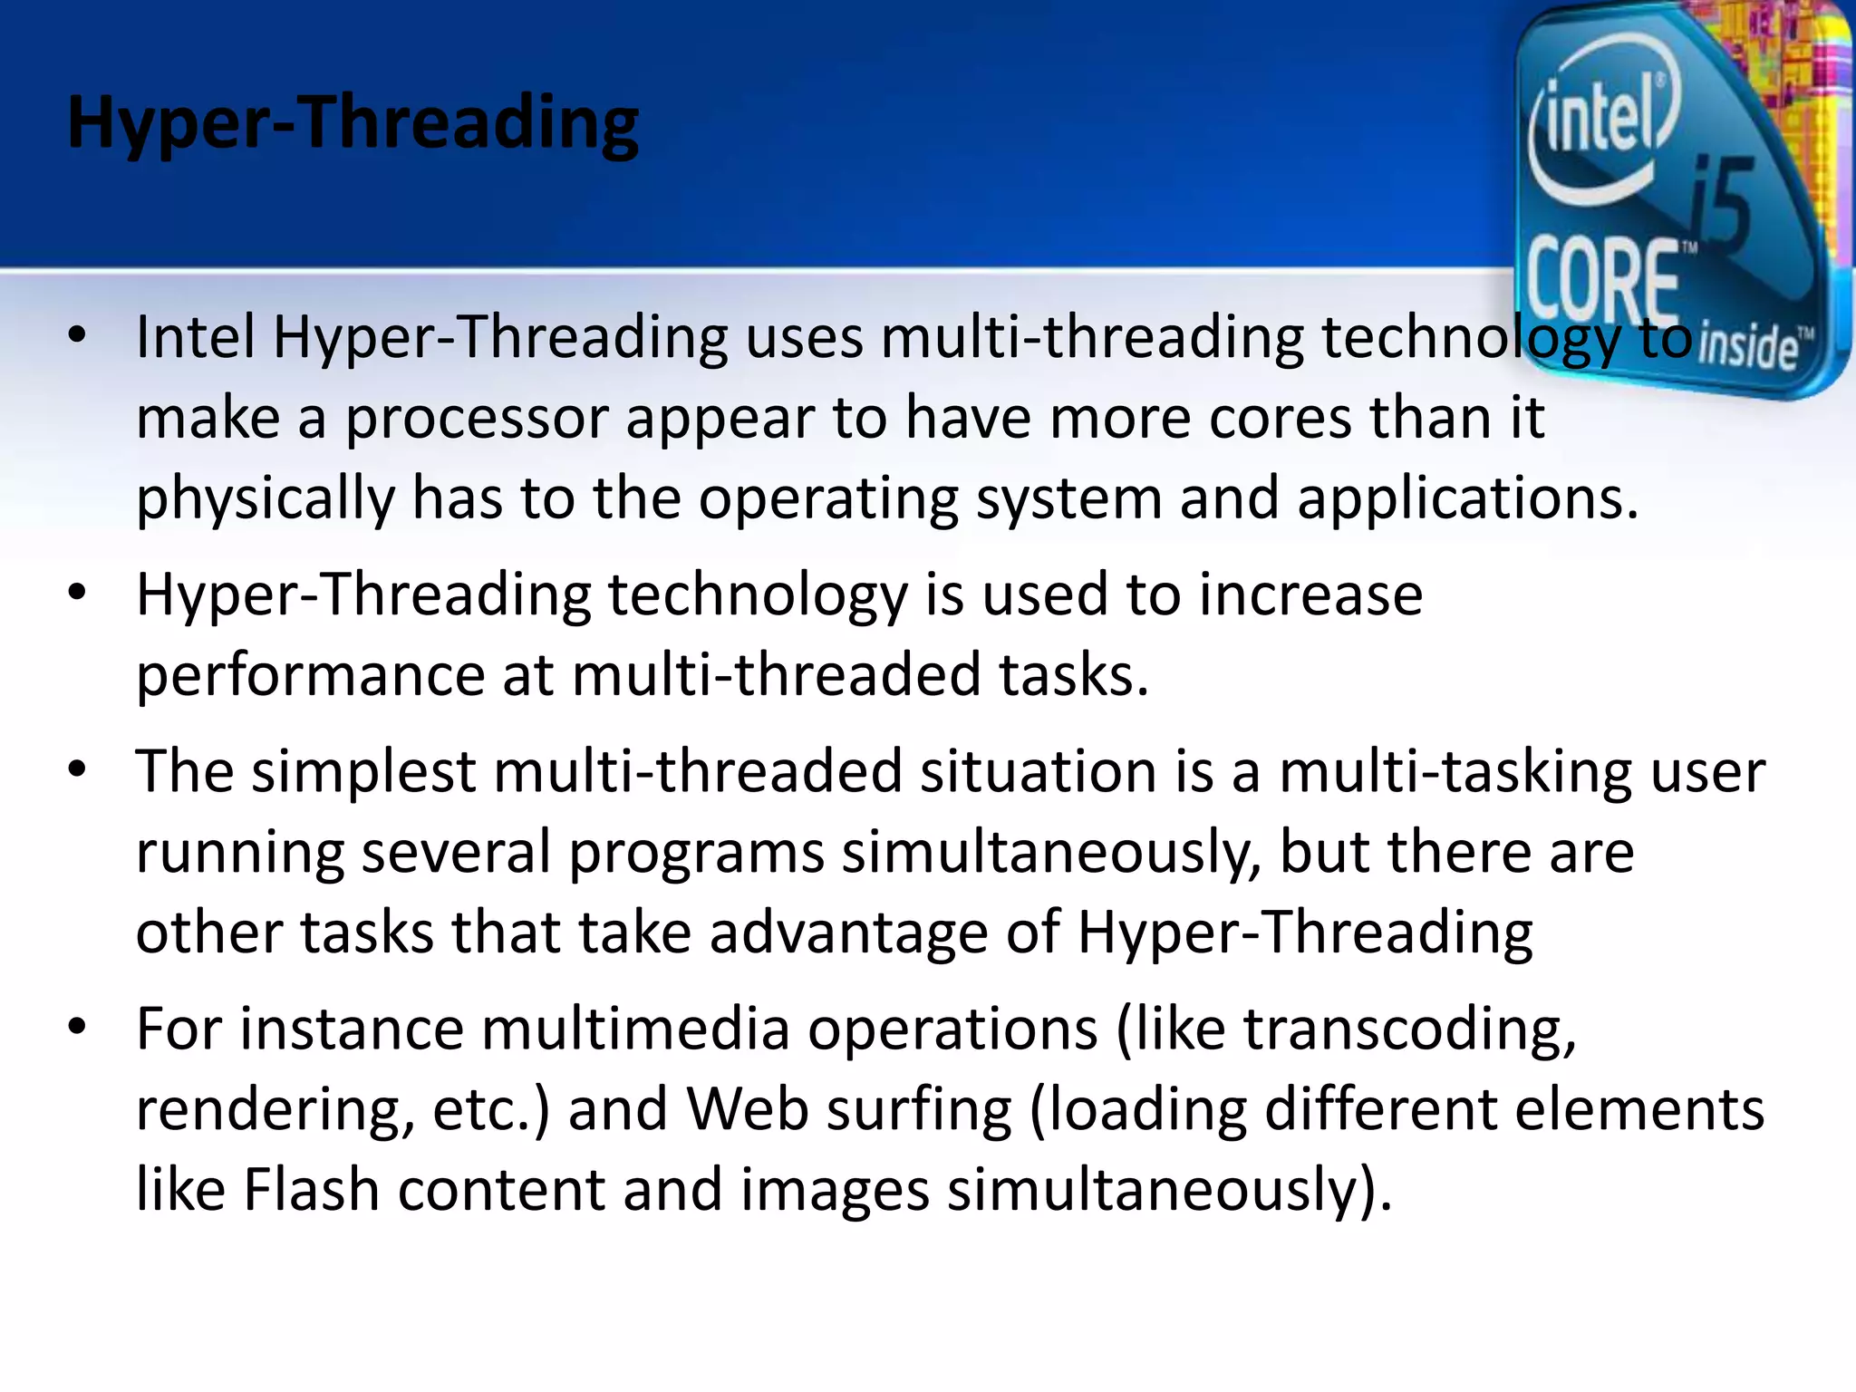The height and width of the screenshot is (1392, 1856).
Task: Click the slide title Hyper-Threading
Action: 353,124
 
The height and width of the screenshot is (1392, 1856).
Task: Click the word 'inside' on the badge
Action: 1748,348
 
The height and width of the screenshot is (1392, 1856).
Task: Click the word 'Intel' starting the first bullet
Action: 196,336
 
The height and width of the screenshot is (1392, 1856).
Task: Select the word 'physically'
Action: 266,498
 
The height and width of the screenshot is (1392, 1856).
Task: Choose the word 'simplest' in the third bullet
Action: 363,771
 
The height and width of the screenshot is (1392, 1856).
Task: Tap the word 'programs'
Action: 696,853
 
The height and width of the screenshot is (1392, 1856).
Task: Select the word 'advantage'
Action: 848,933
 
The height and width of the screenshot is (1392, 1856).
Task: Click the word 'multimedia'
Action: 635,1029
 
